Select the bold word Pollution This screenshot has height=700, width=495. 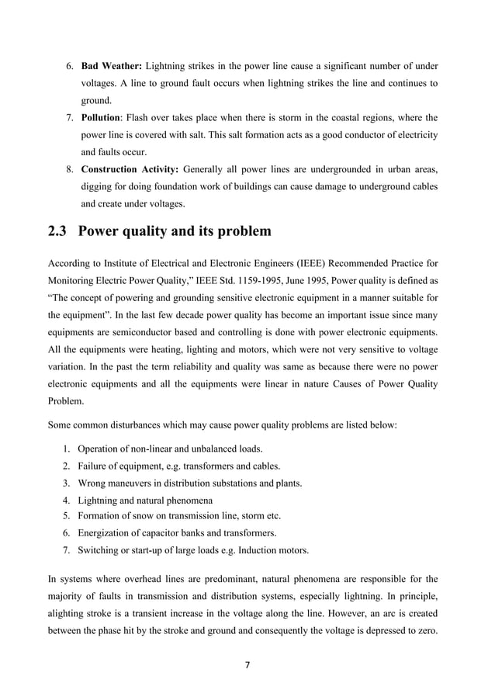[x=101, y=118]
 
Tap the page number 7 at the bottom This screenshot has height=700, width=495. [x=247, y=664]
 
